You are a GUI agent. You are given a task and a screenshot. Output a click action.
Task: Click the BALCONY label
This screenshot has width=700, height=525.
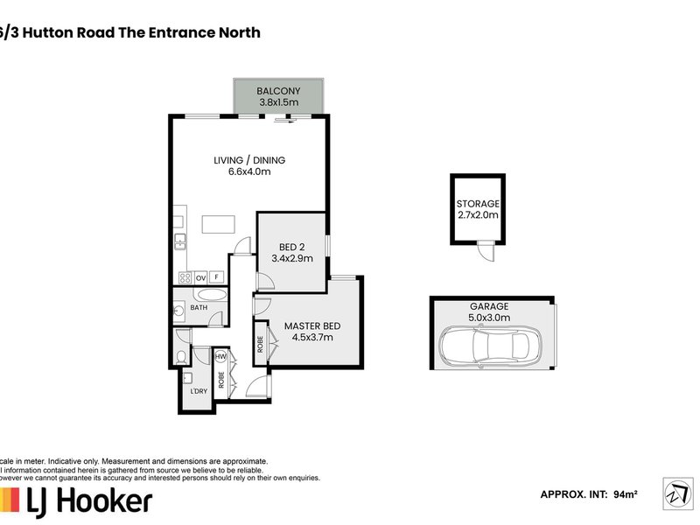[278, 91]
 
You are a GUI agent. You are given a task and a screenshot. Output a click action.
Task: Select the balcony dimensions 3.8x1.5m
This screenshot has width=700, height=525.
[278, 103]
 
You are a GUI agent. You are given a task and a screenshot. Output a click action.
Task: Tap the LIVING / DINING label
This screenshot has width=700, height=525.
[249, 160]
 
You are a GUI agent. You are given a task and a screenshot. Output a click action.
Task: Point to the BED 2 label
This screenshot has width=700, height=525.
[290, 247]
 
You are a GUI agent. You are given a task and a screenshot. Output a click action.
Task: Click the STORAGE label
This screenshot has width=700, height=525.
[478, 203]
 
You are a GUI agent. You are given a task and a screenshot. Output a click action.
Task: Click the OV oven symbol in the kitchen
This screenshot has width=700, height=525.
[199, 277]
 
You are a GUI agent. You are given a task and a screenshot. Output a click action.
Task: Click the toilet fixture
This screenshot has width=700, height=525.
[180, 357]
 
